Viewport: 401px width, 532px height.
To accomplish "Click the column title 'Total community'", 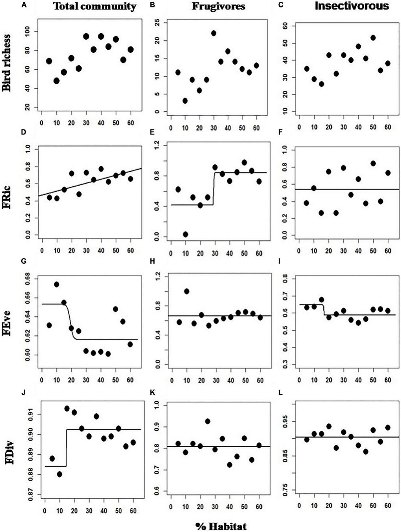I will pos(95,7).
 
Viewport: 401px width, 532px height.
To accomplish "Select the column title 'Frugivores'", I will pos(219,6).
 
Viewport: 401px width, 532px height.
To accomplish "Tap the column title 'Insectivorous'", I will pos(352,6).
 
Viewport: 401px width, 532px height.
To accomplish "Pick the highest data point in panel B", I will pos(214,33).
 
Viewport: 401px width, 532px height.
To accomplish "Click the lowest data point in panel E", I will pos(185,234).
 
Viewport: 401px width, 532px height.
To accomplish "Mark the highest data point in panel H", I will pos(187,291).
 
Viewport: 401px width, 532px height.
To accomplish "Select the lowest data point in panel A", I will pos(56,81).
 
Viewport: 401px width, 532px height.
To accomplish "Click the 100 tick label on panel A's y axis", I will pos(31,31).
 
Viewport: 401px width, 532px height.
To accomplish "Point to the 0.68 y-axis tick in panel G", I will pos(31,279).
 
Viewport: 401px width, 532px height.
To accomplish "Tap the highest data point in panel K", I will pos(208,422).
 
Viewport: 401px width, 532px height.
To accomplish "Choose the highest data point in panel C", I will pos(373,38).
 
